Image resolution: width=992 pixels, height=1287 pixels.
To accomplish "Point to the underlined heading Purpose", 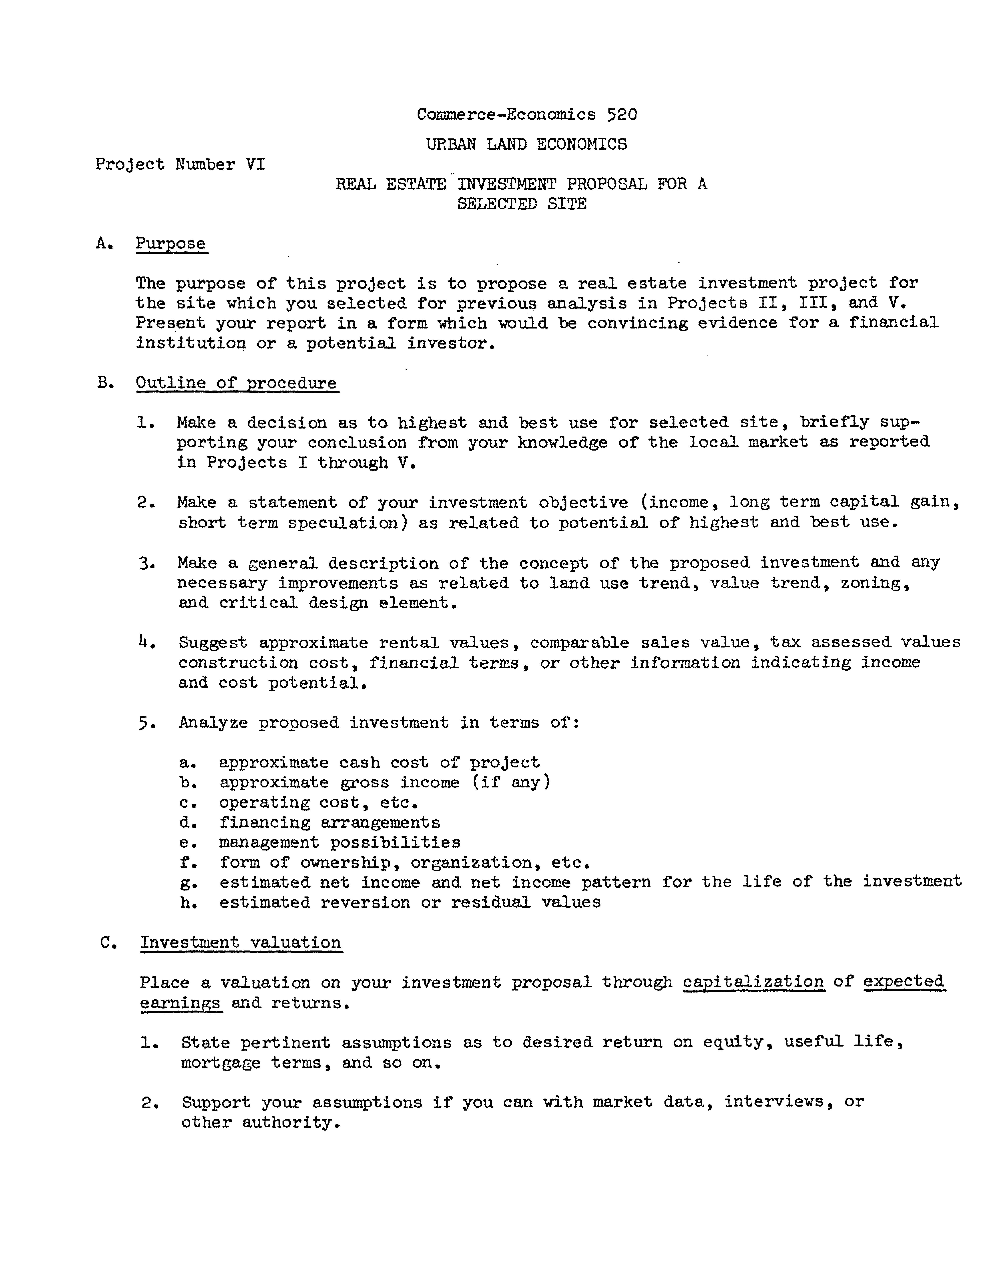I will click(x=171, y=243).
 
